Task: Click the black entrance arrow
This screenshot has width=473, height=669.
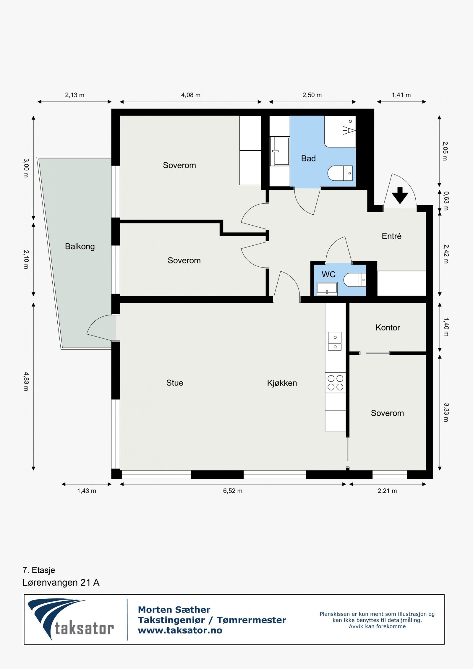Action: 400,195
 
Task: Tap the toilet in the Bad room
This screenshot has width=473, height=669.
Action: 339,173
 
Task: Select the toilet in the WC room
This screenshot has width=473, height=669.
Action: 354,280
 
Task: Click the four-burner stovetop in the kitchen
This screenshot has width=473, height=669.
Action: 335,383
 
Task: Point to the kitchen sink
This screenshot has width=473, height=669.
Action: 335,341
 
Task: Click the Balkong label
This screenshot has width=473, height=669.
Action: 80,246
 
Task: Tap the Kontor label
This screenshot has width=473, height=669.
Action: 388,328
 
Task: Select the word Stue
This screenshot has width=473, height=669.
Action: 174,383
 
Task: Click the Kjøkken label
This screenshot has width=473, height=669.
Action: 282,383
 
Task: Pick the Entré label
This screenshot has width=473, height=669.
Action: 391,236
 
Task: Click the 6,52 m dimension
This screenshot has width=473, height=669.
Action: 233,491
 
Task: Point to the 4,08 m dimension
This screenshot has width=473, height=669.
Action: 191,95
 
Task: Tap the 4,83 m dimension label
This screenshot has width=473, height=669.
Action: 26,381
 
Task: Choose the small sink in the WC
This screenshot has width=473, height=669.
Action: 327,289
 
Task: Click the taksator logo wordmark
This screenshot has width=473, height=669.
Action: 84,628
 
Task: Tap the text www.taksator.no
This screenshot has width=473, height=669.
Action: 180,630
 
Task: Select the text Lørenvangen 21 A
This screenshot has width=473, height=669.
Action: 61,583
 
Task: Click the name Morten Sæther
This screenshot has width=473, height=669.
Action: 174,610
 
